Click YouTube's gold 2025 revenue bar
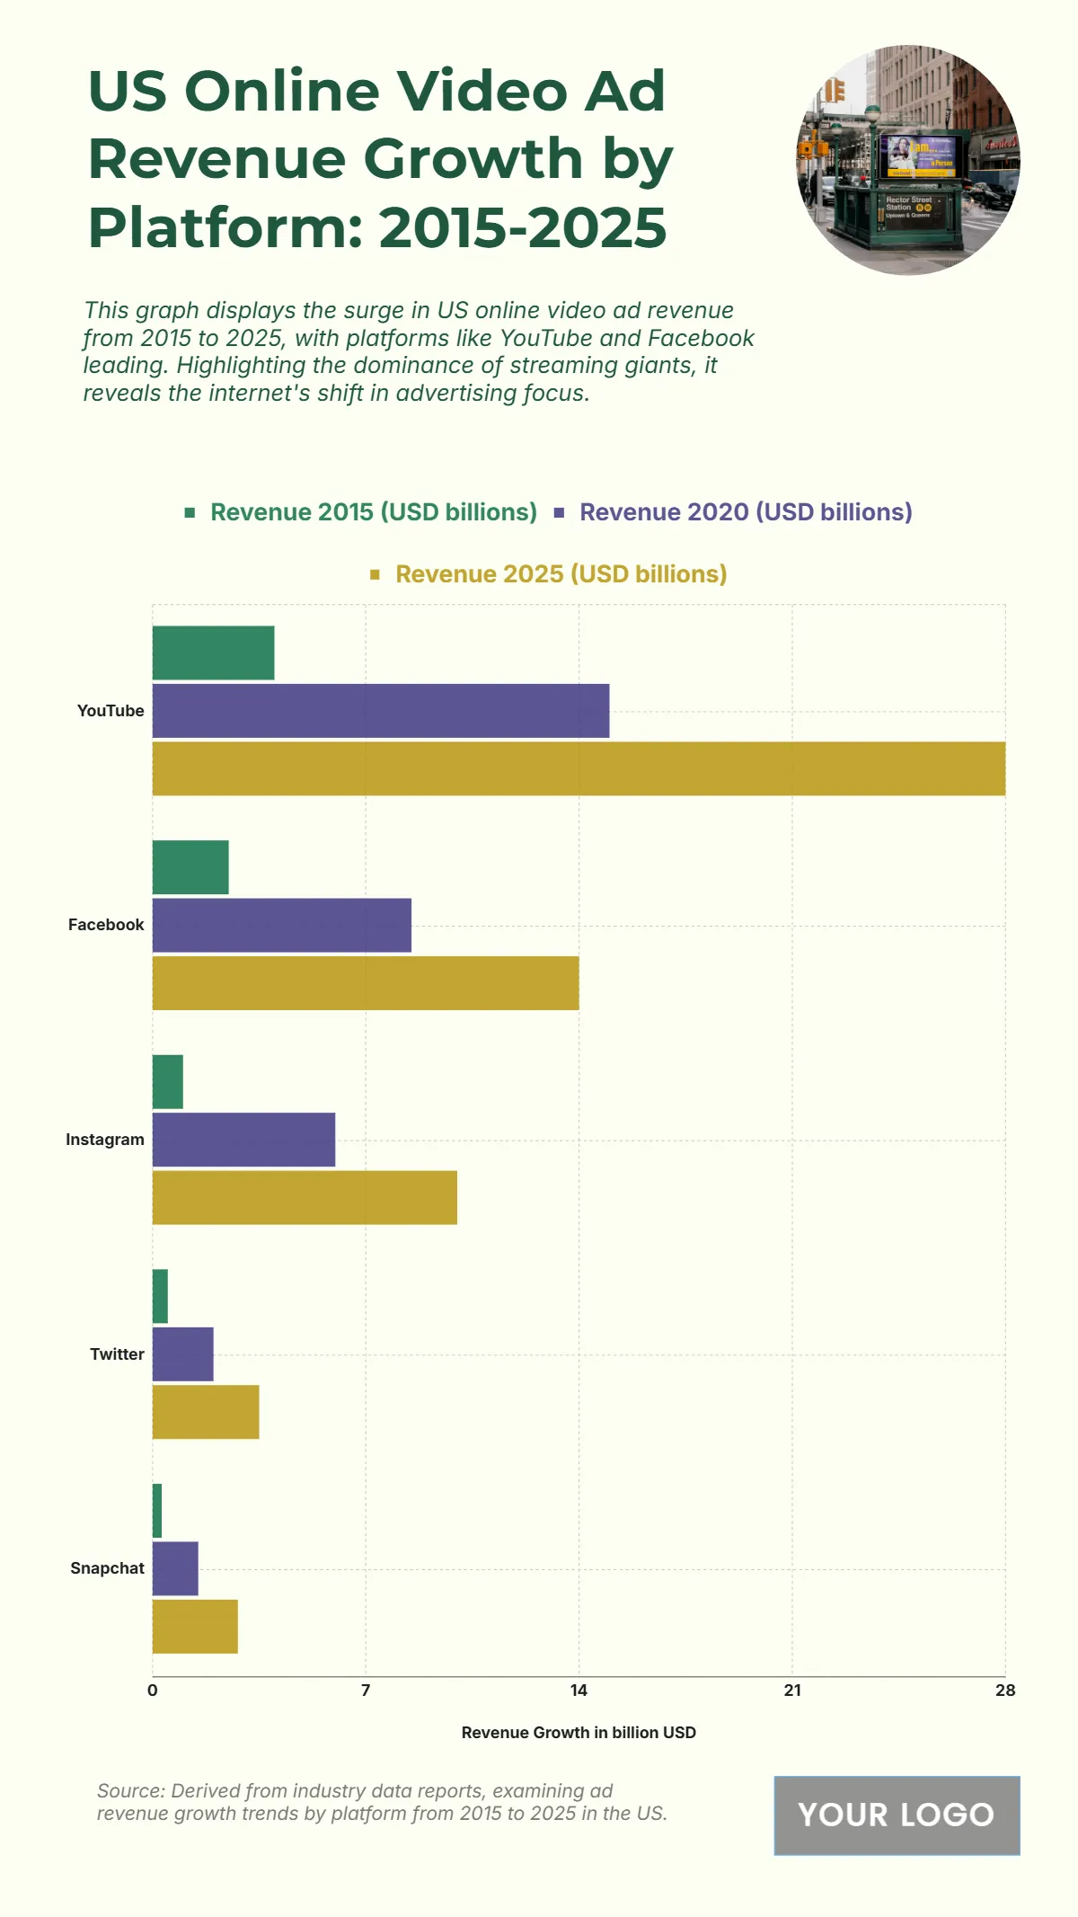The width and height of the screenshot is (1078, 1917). pos(579,768)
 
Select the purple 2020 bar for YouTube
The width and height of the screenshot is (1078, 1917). pos(381,711)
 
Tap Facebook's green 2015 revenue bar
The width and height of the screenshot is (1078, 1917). pos(190,867)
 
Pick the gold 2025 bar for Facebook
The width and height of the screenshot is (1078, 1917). pos(366,983)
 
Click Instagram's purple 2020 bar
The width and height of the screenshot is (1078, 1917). pos(243,1140)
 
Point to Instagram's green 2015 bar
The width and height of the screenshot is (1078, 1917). pos(168,1082)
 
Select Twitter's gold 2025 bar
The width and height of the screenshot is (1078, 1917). pos(206,1412)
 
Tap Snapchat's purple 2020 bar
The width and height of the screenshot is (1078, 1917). pos(175,1568)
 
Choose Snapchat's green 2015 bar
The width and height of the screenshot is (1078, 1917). pos(157,1511)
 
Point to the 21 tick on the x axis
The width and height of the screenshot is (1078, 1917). pos(792,1691)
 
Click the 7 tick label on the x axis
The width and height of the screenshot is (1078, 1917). pos(366,1691)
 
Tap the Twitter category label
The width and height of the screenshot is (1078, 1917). pos(117,1354)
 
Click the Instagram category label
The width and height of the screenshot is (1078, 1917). pos(105,1140)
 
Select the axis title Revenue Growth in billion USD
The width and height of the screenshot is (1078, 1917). pos(579,1733)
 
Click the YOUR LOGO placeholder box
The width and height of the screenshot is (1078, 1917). pos(897,1815)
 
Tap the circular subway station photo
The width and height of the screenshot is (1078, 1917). pos(908,160)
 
